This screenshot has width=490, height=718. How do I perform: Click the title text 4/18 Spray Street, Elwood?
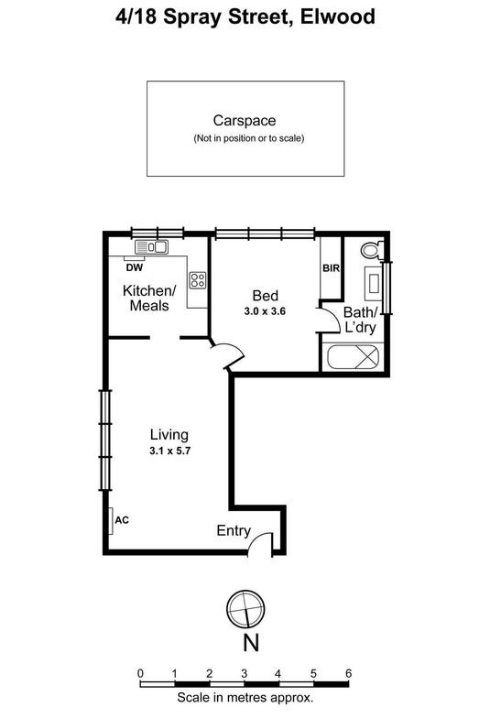[245, 17]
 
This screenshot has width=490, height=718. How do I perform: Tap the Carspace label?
[245, 120]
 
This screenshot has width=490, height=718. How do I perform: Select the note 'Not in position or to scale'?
[247, 138]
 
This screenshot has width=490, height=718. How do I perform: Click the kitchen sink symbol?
[151, 246]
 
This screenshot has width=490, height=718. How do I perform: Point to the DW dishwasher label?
[135, 268]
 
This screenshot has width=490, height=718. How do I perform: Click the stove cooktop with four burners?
[197, 280]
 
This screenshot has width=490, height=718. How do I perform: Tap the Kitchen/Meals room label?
[147, 298]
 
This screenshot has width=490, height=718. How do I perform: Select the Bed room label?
[265, 296]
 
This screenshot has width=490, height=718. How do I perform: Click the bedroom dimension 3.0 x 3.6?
[266, 311]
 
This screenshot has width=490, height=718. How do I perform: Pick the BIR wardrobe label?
[331, 268]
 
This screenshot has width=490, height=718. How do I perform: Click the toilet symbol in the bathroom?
[372, 249]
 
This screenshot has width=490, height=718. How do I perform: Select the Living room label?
[169, 434]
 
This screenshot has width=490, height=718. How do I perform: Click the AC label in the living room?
[122, 520]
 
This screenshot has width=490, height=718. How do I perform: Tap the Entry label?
[233, 530]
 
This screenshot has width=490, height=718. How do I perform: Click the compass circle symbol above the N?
[246, 608]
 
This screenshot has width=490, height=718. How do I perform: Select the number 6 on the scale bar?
[348, 673]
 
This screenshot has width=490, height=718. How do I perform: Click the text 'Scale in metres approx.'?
[245, 697]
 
